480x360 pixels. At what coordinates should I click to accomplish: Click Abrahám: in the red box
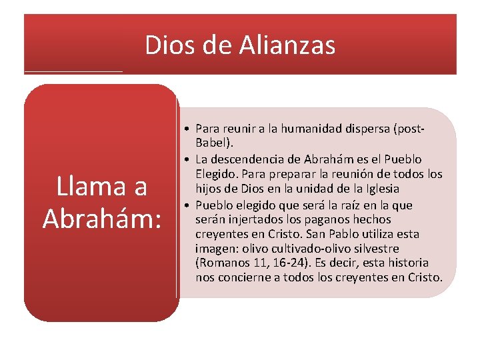coord(102,217)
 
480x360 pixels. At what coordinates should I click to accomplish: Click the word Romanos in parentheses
coord(221,263)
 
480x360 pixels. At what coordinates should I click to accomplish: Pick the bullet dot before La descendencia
coord(190,159)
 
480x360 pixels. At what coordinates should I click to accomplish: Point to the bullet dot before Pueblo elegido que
coord(190,204)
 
